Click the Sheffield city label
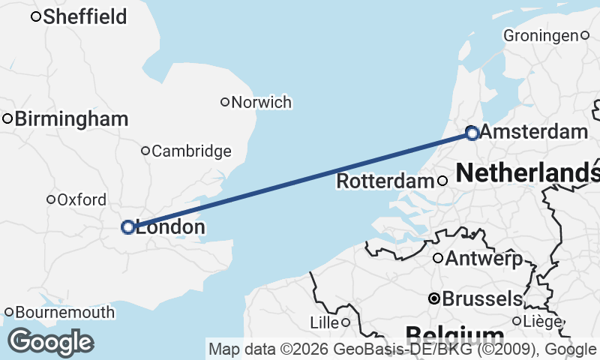tap(85, 16)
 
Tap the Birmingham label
tap(71, 118)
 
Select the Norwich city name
tap(262, 102)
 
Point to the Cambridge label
tap(191, 151)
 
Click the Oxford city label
tap(82, 199)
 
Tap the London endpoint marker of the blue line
tap(128, 226)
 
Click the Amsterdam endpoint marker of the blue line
tap(472, 133)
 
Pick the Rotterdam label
tap(385, 181)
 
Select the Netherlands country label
tap(527, 172)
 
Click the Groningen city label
tap(541, 35)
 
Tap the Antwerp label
tap(484, 259)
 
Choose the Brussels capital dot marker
tap(433, 298)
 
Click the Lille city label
tap(325, 322)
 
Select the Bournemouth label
tap(65, 312)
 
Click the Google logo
tap(50, 342)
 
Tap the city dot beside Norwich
tap(224, 102)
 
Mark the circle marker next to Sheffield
tap(35, 16)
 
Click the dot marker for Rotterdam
tap(442, 181)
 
